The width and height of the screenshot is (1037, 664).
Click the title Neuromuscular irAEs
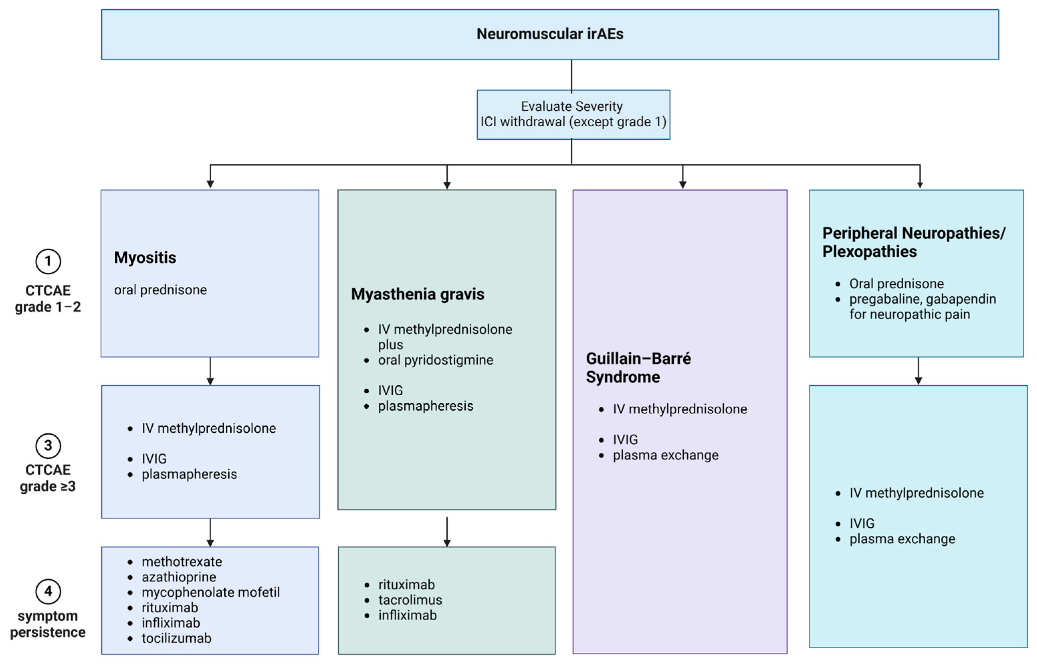coord(550,34)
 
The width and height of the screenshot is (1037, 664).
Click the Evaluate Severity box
coord(573,114)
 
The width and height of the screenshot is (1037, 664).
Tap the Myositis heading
coord(145,257)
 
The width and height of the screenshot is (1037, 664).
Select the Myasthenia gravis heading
coord(417,294)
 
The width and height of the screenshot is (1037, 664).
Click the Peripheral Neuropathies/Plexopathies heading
coord(913,242)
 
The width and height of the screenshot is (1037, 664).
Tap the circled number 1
coord(48,261)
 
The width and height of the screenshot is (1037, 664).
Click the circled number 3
coord(48,445)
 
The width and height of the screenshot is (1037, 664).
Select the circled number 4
coord(48,591)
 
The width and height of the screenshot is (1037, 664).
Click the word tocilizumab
coord(177,638)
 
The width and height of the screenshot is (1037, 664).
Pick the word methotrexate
coord(182,562)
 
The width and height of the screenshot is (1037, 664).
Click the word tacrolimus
coord(410,600)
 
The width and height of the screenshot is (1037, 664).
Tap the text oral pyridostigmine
coord(435,360)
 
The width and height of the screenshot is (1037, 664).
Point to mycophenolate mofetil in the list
coord(211,592)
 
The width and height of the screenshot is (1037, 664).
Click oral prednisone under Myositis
coord(160,290)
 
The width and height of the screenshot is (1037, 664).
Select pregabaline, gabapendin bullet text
coord(922,299)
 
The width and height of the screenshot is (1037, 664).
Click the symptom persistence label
coord(48,624)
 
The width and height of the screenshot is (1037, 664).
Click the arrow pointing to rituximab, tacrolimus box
coord(447,532)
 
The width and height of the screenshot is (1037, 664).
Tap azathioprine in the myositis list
coord(179,577)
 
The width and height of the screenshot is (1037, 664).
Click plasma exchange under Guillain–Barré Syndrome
coord(665,455)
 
